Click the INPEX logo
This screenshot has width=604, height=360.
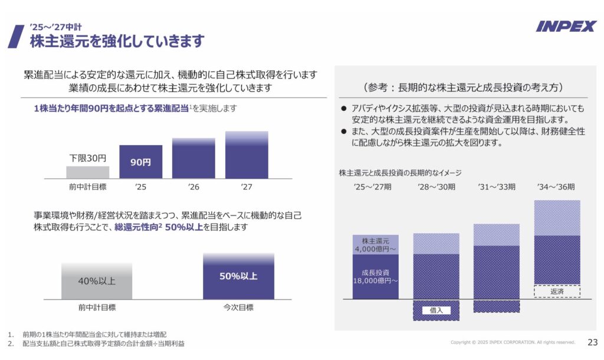pos(566,26)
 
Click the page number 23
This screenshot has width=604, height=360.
pos(592,342)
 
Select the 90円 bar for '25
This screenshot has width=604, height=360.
pos(140,162)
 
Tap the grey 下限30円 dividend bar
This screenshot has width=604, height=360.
pos(88,172)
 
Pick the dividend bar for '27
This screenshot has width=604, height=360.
pos(247,155)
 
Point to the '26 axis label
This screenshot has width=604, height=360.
pos(193,187)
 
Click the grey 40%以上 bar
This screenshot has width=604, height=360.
pos(97,282)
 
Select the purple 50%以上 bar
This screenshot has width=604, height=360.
pos(238,276)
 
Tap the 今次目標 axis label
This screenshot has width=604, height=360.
pos(238,307)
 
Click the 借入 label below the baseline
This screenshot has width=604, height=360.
pos(436,310)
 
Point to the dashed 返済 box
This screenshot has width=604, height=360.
pos(557,292)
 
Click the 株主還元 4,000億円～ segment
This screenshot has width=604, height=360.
pos(376,245)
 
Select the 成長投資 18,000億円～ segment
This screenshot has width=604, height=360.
pos(376,277)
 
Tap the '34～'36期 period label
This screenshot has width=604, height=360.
pos(556,187)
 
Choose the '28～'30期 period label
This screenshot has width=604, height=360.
pos(436,187)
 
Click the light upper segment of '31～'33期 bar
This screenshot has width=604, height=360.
pos(497,235)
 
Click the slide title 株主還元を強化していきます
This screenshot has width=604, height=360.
pos(117,41)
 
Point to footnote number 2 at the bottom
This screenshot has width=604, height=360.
pos(11,343)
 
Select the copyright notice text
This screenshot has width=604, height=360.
pos(513,342)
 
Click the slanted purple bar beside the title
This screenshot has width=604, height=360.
pos(16,36)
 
